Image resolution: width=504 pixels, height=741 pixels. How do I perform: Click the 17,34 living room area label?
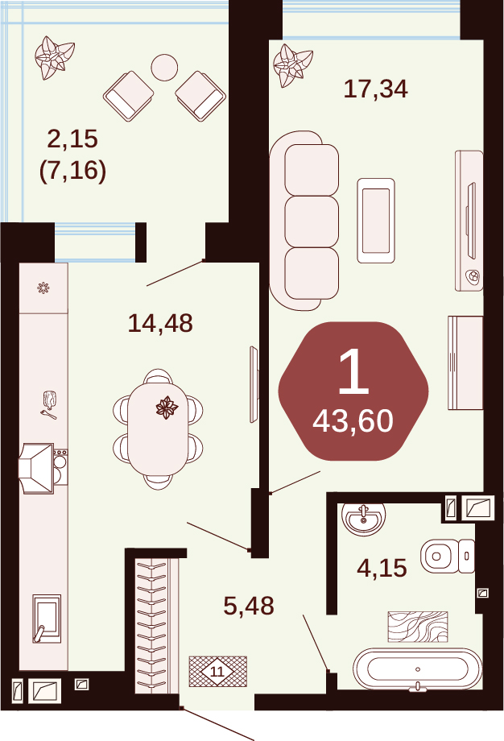pos(375,89)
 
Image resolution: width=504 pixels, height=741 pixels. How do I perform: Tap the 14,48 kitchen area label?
pos(160,324)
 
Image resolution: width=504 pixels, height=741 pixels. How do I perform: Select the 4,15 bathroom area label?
pos(382,568)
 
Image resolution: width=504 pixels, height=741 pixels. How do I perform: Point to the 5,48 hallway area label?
pos(249,606)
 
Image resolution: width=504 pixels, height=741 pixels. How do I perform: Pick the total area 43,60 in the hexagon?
pos(353,421)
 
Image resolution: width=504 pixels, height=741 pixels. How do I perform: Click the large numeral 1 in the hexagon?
pos(353,372)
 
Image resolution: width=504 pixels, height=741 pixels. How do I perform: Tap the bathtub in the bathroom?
pos(418,669)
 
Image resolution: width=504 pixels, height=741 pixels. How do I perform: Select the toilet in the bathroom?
pos(448,556)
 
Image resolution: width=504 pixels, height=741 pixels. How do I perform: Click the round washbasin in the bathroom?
pos(363,519)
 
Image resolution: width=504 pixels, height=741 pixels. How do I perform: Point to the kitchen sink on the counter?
pos(47,619)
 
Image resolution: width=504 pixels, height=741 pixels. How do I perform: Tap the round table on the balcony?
pos(164,68)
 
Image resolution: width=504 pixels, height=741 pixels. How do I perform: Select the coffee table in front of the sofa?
pos(376,220)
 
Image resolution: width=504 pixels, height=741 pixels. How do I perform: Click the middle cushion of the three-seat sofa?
pos(312,221)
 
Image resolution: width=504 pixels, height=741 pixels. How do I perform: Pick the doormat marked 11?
pos(217,671)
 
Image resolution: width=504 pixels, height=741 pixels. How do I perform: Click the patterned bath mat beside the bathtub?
pos(418,627)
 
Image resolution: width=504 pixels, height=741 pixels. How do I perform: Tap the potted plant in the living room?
pos(293,65)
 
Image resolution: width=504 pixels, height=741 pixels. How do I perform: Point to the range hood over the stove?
pos(36,468)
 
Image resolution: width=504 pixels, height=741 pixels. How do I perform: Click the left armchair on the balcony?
pos(129,96)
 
